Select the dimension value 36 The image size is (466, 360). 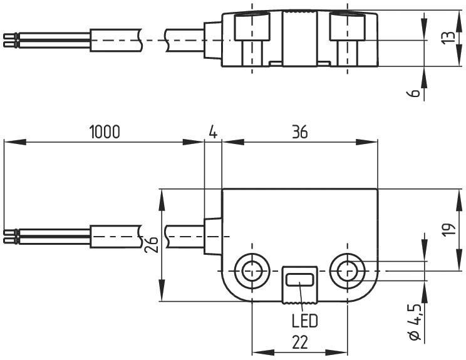(x=299, y=131)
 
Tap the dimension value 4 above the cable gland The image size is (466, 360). (x=212, y=131)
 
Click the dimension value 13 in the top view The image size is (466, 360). (x=447, y=38)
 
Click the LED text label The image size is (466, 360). (x=304, y=321)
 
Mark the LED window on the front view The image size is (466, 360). (x=300, y=280)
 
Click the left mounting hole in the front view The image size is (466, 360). (x=252, y=271)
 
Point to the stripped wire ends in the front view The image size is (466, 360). (x=9, y=236)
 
